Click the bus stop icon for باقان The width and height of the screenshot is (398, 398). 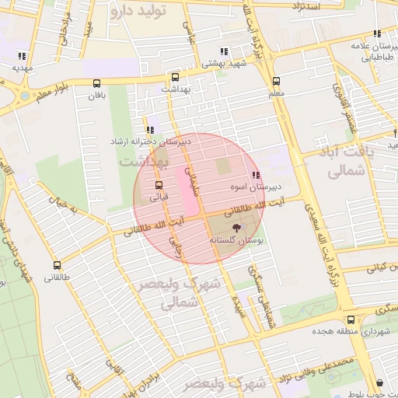click(96, 83)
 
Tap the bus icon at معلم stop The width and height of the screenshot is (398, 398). click(276, 82)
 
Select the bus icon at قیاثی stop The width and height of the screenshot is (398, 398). click(159, 186)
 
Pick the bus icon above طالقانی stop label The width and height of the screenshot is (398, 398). click(54, 265)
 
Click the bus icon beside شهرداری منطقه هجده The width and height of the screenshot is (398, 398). click(351, 319)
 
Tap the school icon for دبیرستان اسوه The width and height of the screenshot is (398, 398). click(256, 176)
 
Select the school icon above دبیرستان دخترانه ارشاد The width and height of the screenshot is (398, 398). click(149, 131)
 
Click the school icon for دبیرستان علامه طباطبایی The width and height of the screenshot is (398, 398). click(377, 34)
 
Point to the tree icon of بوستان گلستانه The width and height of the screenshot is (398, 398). click(236, 228)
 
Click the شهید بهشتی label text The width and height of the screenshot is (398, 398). click(223, 65)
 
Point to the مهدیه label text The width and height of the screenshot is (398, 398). click(20, 68)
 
